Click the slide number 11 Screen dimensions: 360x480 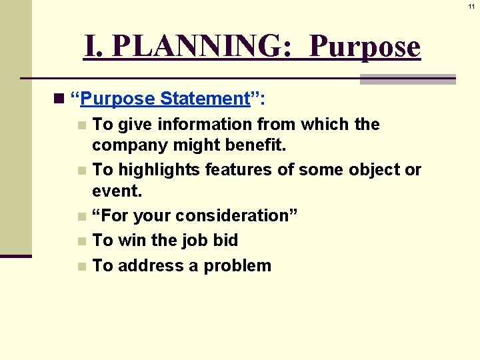[471, 6]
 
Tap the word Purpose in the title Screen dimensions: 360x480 [365, 47]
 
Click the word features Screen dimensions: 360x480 [238, 170]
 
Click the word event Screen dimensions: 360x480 [116, 191]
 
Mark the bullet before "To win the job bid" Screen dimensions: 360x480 [81, 241]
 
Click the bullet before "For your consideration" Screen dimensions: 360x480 [81, 216]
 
